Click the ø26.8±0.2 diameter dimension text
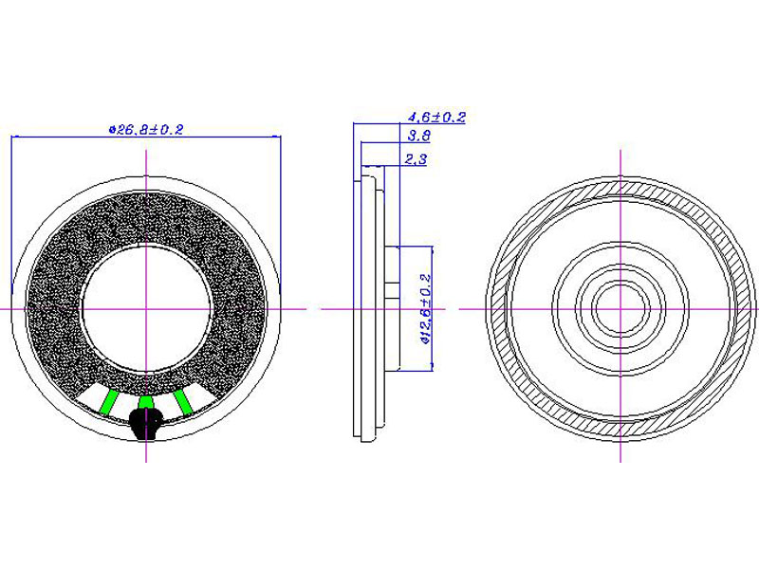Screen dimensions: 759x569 [146, 129]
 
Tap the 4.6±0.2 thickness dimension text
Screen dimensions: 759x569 [436, 117]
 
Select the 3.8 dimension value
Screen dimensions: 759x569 [418, 136]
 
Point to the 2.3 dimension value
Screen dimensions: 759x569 [416, 158]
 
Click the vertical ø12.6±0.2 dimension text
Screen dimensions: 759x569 [426, 309]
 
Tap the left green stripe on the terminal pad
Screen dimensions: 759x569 [108, 402]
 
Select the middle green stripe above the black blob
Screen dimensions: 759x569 [146, 402]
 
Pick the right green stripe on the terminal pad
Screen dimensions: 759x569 [183, 402]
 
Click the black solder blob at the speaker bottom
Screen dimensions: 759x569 [146, 423]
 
